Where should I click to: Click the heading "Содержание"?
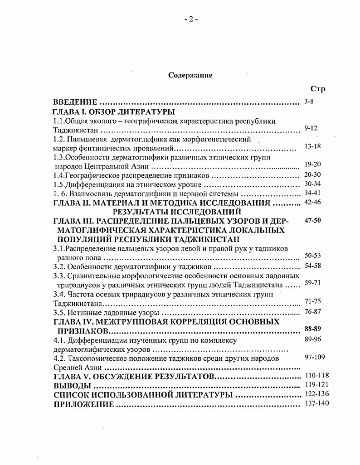pos(190,75)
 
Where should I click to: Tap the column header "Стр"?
pos(317,89)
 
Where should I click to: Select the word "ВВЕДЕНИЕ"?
pos(75,102)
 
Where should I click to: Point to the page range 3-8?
pos(309,102)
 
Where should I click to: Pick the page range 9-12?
pos(311,128)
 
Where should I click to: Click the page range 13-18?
pos(313,146)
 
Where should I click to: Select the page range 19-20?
pos(313,165)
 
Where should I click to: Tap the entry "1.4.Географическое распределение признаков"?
pos(131,175)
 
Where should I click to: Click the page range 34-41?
pos(313,193)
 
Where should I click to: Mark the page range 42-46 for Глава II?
pos(313,202)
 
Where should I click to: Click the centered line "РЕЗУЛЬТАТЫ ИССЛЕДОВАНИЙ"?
pos(176,212)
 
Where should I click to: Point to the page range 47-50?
pos(313,220)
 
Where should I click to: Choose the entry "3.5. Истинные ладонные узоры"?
pos(106,313)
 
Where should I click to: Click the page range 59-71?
pos(313,282)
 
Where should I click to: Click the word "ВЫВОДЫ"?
pos(72,386)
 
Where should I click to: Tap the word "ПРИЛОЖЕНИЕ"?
pos(83,404)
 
